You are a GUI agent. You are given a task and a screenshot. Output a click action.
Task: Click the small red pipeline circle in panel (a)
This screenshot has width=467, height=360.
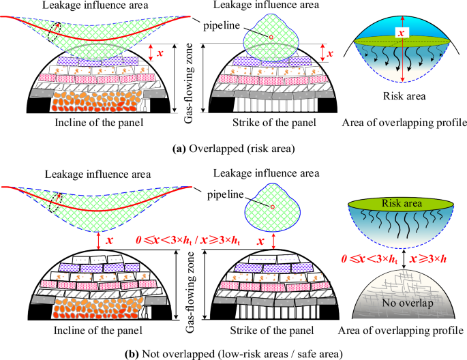click(271, 36)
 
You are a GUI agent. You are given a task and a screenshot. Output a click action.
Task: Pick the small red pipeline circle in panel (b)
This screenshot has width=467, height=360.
click(273, 207)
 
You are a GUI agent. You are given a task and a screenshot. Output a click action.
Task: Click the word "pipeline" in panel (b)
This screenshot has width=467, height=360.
click(228, 196)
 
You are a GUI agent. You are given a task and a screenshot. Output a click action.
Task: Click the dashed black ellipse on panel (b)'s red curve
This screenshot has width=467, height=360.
click(56, 202)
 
